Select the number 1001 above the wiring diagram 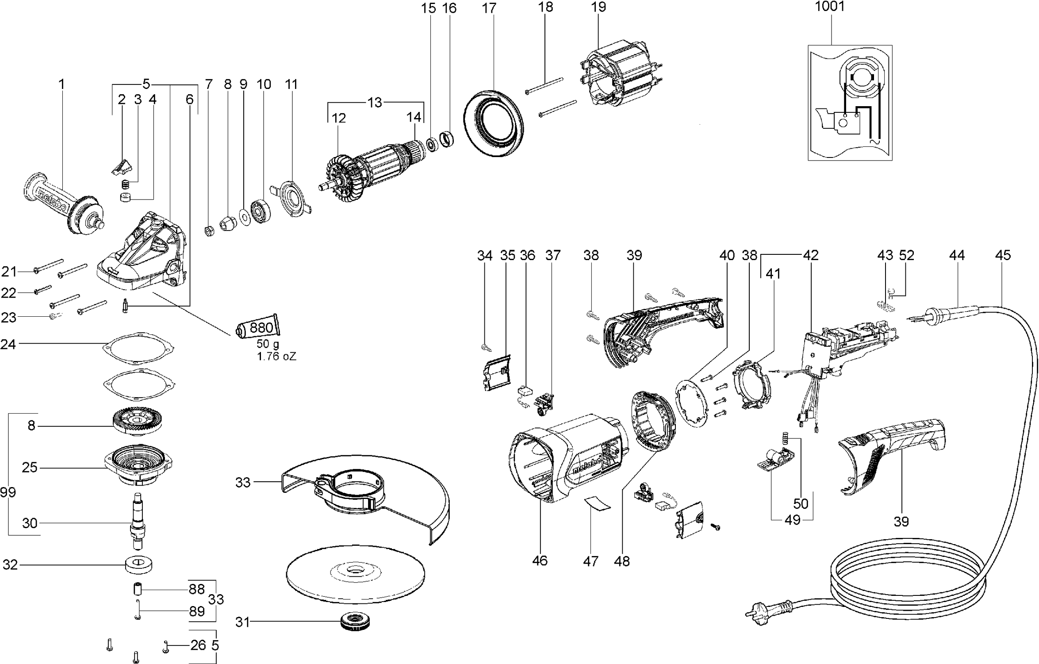tap(830, 7)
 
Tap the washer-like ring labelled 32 tap(139, 564)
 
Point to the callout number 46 tap(540, 561)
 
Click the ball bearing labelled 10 tap(261, 212)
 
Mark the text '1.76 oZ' tap(276, 356)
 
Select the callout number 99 tap(8, 492)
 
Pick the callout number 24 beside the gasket tap(8, 344)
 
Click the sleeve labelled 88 tap(138, 589)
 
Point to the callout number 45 tap(1003, 255)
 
